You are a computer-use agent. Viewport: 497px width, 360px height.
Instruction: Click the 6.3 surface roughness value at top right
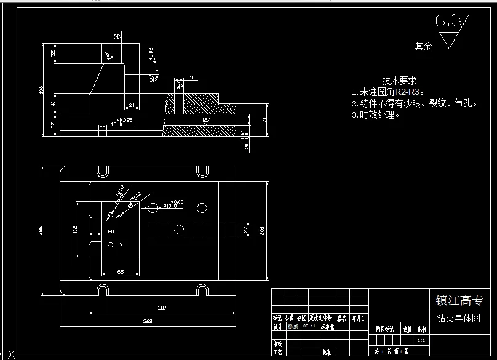pos(448,22)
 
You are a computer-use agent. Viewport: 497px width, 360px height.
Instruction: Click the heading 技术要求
pos(400,81)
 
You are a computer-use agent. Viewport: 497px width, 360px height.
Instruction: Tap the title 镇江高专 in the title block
pos(459,301)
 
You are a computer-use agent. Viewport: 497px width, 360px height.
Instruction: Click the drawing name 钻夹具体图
pos(458,318)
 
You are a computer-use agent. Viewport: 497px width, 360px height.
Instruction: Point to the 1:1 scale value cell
pos(421,340)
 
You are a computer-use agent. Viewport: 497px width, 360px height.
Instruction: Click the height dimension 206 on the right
pos(263,231)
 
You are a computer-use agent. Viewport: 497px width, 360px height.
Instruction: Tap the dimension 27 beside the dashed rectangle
pos(246,230)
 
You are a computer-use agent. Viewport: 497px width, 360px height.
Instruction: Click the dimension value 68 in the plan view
pos(121,271)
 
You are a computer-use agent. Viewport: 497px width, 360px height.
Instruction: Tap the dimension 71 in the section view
pos(264,121)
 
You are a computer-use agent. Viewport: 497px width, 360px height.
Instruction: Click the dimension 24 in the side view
pos(131,106)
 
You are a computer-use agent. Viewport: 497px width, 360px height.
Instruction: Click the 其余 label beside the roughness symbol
pos(423,46)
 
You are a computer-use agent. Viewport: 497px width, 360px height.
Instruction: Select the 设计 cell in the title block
pos(277,327)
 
